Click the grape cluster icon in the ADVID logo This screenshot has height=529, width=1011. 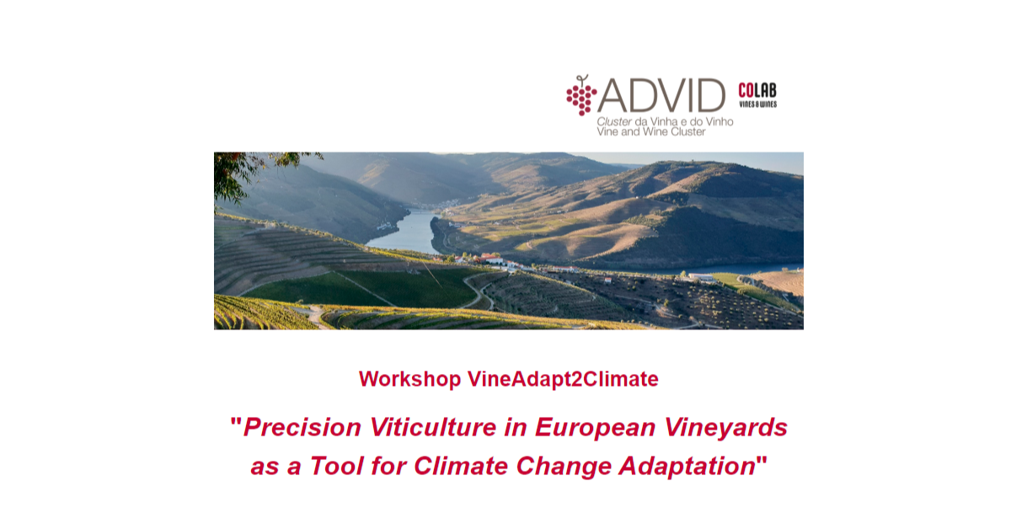[581, 95]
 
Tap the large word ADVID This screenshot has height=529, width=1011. [661, 95]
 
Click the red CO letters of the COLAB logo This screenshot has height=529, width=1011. [746, 90]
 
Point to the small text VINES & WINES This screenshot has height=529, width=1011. [757, 104]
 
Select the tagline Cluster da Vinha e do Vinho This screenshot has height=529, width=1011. [665, 121]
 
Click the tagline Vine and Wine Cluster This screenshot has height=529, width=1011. [650, 131]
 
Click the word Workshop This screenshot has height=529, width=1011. [409, 379]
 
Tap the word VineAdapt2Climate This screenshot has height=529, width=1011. [563, 379]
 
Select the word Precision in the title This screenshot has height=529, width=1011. [302, 427]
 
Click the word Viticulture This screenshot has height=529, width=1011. [433, 427]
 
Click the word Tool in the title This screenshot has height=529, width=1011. [336, 466]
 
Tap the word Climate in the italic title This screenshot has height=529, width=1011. [460, 466]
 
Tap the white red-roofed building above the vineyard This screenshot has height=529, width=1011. [492, 259]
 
